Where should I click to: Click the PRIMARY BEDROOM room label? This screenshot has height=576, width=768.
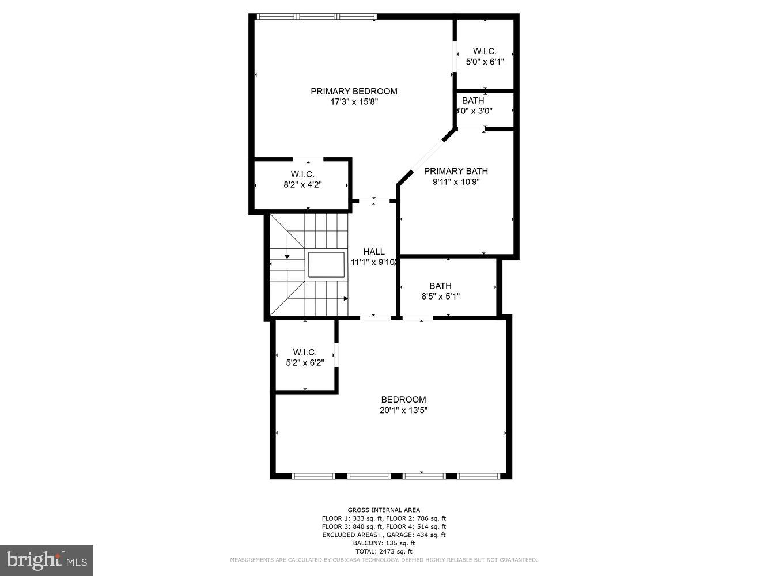tap(354, 91)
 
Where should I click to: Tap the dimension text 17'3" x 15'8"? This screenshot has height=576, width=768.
tap(354, 102)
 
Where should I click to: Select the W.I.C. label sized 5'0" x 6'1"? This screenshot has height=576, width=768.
tap(485, 51)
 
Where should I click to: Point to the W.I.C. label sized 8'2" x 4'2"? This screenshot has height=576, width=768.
tap(302, 174)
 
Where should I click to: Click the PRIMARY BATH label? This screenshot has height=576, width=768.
tap(456, 171)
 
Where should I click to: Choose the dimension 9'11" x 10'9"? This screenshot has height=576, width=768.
tap(456, 181)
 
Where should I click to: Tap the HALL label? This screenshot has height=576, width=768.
tap(373, 252)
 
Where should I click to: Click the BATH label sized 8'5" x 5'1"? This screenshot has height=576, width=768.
tap(440, 286)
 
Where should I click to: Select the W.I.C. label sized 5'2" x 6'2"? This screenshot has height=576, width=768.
tap(305, 352)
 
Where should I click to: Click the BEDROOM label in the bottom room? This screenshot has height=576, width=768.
tap(403, 400)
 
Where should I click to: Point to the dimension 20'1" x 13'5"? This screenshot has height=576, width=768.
tap(403, 411)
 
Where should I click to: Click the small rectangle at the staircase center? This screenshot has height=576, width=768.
tap(326, 265)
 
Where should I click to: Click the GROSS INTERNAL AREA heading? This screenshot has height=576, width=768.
tap(384, 510)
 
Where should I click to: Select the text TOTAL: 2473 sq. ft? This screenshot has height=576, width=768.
tap(384, 551)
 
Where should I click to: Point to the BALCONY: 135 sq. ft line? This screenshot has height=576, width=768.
tap(384, 543)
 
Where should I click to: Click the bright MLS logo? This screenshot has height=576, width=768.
tap(47, 560)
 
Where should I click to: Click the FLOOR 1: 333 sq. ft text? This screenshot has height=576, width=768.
tap(351, 518)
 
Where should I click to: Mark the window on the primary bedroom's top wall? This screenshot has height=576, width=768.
tap(316, 17)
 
